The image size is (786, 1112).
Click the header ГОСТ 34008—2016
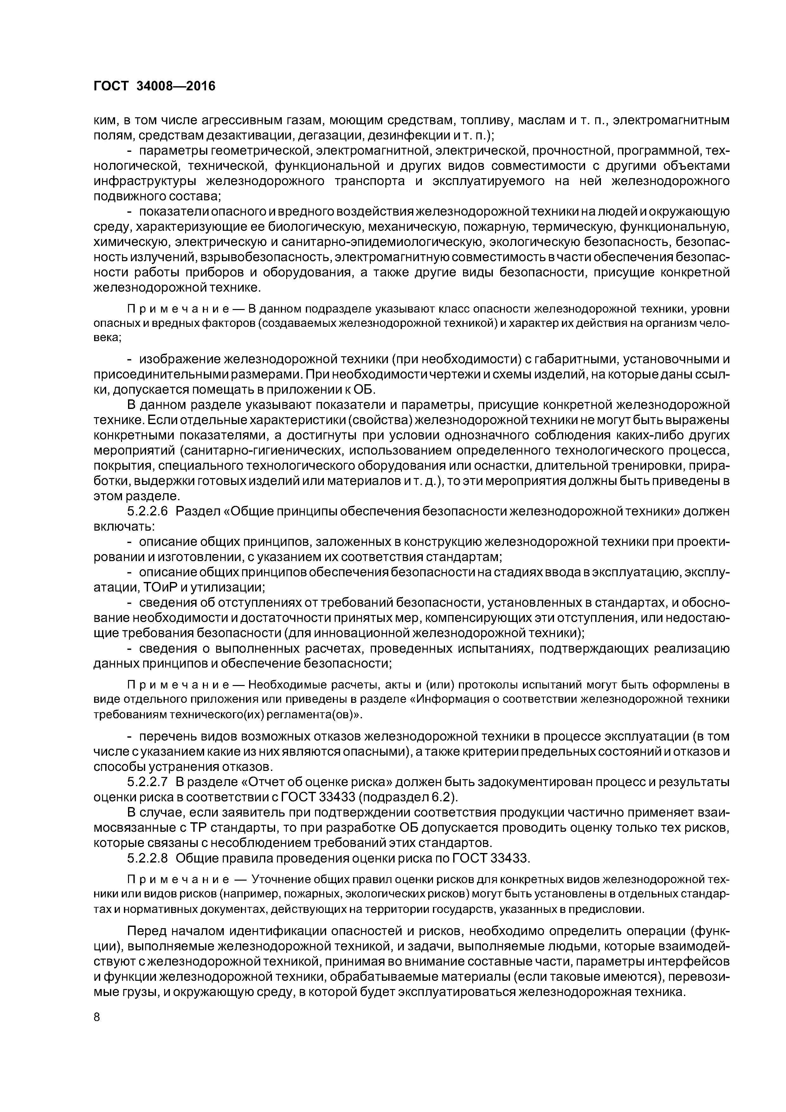[154, 86]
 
